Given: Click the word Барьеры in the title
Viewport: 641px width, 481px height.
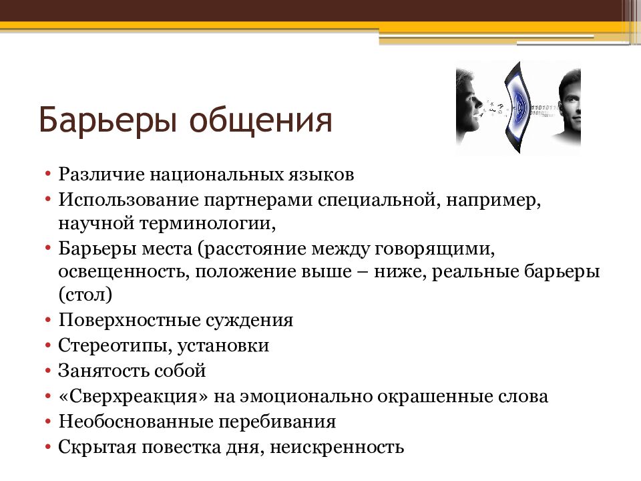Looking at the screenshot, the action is click(108, 120).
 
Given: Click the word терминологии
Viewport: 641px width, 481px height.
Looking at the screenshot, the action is click(208, 224).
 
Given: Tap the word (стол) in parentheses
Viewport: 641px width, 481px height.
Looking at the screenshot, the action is click(85, 295).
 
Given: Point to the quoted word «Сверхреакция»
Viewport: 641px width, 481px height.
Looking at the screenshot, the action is click(134, 396).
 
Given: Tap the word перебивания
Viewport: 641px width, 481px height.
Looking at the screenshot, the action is click(276, 422).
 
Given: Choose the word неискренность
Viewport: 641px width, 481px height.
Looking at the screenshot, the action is click(337, 448).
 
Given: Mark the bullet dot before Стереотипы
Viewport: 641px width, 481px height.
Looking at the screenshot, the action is click(48, 345).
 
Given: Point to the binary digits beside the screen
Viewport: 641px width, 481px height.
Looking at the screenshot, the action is click(544, 110).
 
